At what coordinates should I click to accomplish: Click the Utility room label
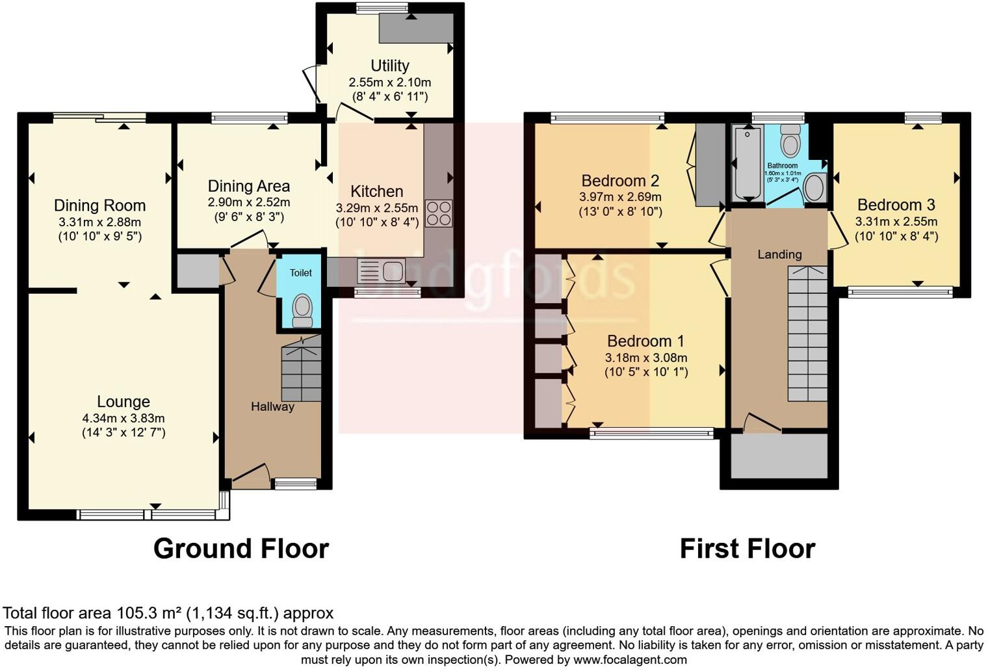(390, 66)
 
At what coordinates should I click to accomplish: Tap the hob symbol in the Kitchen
(439, 213)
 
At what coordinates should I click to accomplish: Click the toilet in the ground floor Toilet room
(302, 309)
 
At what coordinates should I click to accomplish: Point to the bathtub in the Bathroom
(747, 163)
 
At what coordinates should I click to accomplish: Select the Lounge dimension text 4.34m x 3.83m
(123, 419)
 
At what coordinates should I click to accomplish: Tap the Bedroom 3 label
(896, 205)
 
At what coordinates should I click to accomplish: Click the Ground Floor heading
(240, 549)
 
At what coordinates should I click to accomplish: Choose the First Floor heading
(747, 549)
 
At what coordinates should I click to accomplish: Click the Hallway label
(272, 407)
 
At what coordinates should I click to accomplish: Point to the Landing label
(779, 254)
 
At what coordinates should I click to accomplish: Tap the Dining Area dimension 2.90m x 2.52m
(248, 203)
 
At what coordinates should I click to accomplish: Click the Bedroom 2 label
(620, 181)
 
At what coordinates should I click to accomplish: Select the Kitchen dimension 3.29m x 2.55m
(377, 208)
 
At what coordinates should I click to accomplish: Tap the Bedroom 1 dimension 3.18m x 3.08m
(646, 358)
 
